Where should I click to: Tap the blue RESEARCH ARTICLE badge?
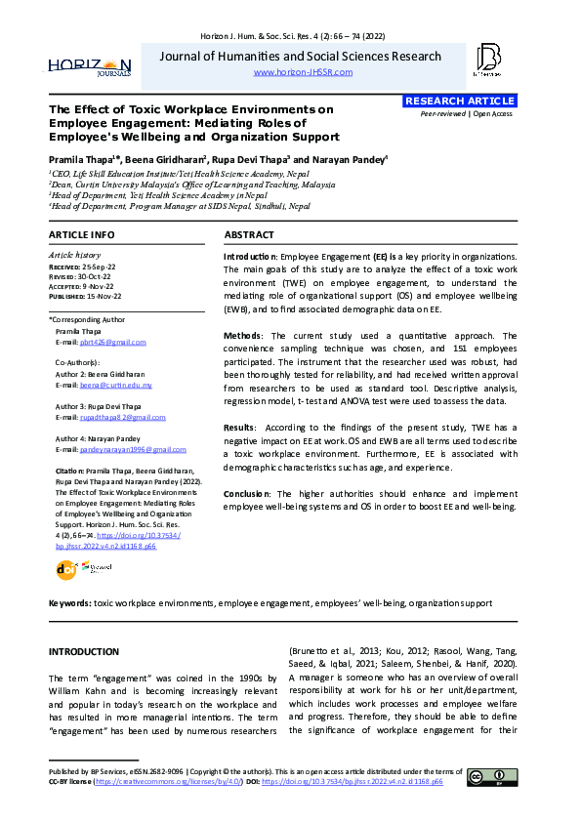(x=459, y=102)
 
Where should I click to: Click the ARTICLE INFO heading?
(x=82, y=236)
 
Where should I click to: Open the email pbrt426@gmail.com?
(x=113, y=343)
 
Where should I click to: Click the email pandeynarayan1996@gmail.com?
(x=132, y=450)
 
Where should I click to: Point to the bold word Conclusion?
(x=249, y=495)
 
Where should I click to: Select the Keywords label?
(x=69, y=604)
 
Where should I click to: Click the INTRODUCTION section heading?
(x=84, y=652)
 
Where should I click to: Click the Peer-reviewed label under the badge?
(x=443, y=114)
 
